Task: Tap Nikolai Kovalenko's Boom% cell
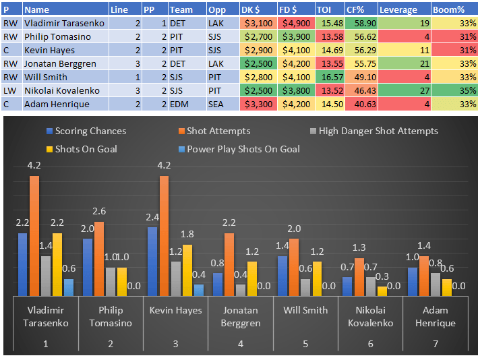tap(454, 90)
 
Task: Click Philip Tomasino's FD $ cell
tap(295, 36)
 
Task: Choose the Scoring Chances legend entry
tap(86, 131)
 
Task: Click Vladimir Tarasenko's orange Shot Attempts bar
tap(34, 236)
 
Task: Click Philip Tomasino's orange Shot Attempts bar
tap(99, 259)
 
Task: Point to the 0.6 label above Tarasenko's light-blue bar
tap(68, 269)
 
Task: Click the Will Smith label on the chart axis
tap(305, 310)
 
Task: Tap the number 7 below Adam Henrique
tap(436, 344)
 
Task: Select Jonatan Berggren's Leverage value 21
tap(424, 63)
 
